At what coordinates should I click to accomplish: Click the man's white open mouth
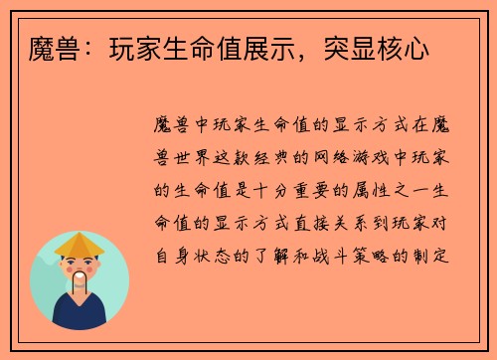(80, 276)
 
